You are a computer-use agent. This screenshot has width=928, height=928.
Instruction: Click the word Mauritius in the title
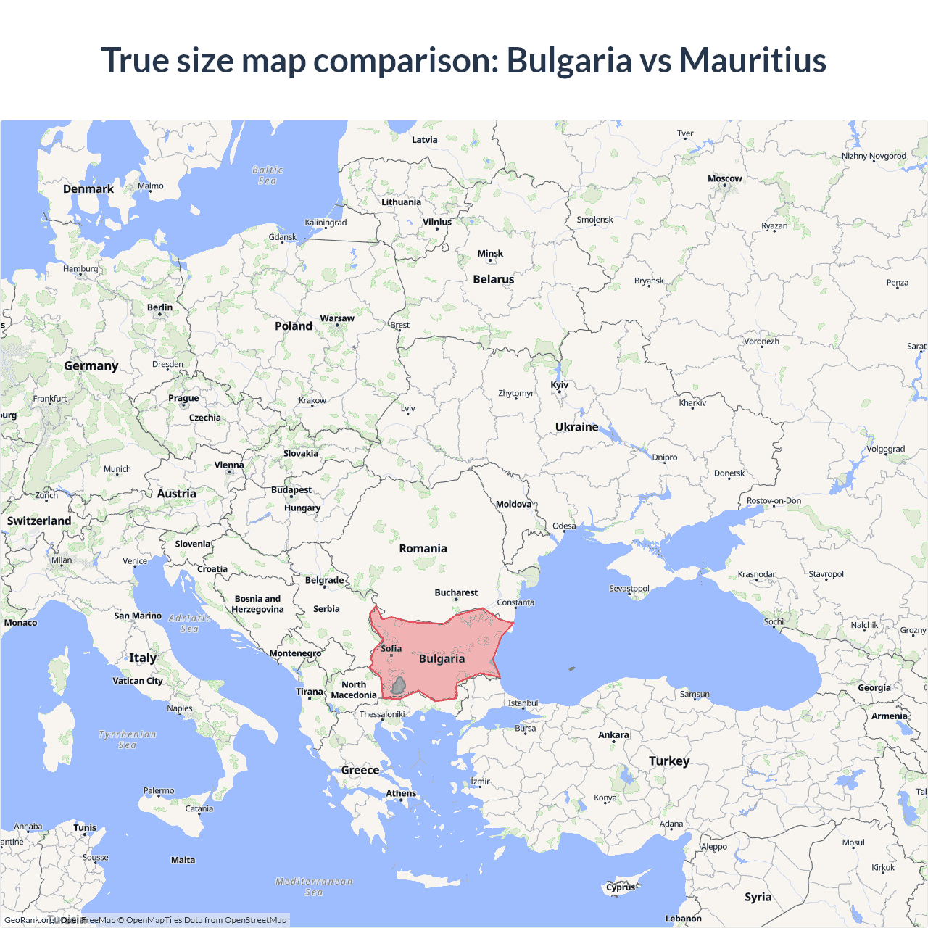(753, 60)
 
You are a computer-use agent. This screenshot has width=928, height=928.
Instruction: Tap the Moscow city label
(724, 178)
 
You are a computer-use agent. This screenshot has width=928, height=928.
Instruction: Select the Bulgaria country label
(442, 658)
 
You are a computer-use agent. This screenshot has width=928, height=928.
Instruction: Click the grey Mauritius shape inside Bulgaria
(398, 685)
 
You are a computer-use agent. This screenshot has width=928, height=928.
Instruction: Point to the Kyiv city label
(559, 385)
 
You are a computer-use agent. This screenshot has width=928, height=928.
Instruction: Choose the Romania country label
(423, 549)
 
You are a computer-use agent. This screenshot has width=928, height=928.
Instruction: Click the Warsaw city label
(337, 318)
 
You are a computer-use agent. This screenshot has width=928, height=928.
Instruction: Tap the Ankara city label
(613, 735)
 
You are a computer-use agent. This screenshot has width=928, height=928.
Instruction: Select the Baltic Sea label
(268, 175)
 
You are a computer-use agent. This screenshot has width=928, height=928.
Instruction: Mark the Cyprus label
(621, 887)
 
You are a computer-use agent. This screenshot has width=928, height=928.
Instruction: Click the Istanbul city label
(523, 703)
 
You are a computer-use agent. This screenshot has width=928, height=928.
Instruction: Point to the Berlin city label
(159, 307)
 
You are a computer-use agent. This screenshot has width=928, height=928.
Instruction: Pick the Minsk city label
(490, 254)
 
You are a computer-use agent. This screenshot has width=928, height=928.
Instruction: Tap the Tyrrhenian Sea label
(128, 739)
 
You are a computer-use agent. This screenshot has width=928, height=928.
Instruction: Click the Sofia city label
(391, 649)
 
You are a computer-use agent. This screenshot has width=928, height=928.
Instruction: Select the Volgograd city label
(885, 449)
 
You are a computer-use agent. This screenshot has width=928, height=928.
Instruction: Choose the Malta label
(183, 860)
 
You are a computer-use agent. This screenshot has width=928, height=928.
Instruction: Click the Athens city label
(401, 793)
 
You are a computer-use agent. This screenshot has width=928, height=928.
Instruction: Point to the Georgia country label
(874, 688)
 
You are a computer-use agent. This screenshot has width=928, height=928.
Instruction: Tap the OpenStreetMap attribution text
(255, 920)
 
